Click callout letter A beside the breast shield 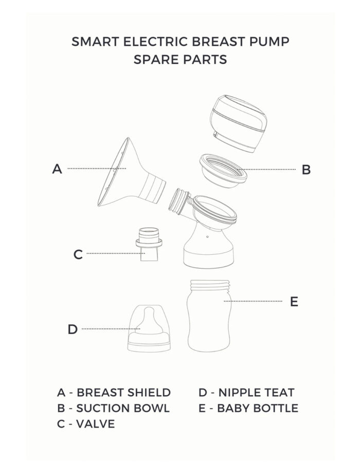[x=57, y=169]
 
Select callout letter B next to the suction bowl [x=306, y=170]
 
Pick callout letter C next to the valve [x=78, y=254]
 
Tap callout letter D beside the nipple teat [x=73, y=329]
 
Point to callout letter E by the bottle [x=294, y=302]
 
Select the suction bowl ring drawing [x=223, y=171]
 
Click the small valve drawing [x=149, y=244]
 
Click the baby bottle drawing [x=209, y=316]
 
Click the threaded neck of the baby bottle [x=210, y=285]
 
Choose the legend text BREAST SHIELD [x=123, y=393]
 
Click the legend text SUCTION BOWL [x=123, y=408]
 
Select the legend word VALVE [x=96, y=423]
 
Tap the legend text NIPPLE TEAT [x=256, y=393]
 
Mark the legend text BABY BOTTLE [x=258, y=408]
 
